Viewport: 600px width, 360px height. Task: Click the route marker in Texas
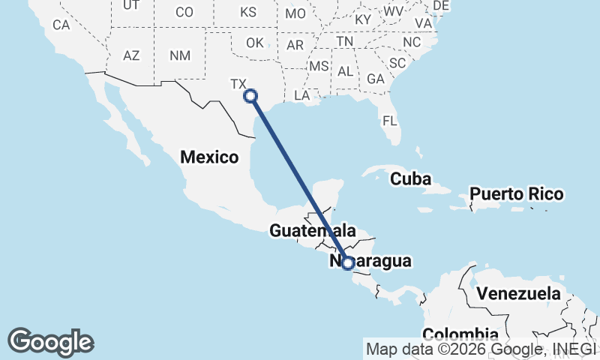[250, 95]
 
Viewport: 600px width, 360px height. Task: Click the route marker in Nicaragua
[348, 262]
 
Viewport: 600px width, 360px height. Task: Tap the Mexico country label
[209, 157]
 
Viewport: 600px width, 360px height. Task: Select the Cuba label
[410, 179]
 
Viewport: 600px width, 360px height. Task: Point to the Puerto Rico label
[516, 194]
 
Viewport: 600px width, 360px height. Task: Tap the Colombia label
[460, 334]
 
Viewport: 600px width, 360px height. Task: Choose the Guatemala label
[312, 230]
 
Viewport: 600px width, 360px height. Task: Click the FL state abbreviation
[389, 121]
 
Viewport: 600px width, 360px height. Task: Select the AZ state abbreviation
[131, 55]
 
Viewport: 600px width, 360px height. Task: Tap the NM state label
[180, 55]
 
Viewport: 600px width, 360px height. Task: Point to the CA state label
[61, 25]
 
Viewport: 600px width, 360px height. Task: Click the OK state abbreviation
[255, 43]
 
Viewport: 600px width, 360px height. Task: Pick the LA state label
[302, 95]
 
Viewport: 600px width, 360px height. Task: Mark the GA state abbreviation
[376, 79]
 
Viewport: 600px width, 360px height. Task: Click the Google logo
[50, 342]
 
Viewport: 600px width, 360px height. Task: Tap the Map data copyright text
[480, 349]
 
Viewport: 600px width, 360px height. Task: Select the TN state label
[345, 41]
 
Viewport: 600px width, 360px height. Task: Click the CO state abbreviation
[184, 12]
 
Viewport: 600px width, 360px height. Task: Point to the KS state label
[248, 12]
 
